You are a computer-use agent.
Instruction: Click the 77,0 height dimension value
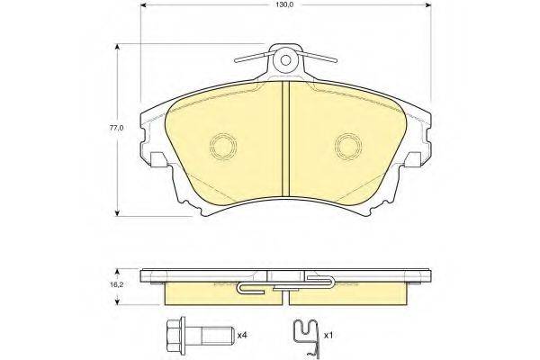(116, 128)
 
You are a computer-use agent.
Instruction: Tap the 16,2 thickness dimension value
(116, 285)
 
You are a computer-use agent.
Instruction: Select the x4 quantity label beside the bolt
(242, 335)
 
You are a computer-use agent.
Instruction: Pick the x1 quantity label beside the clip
(328, 335)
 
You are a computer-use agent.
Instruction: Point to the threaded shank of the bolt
(216, 335)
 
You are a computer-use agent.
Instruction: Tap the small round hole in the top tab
(285, 60)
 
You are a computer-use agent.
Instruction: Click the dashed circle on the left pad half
(223, 147)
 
